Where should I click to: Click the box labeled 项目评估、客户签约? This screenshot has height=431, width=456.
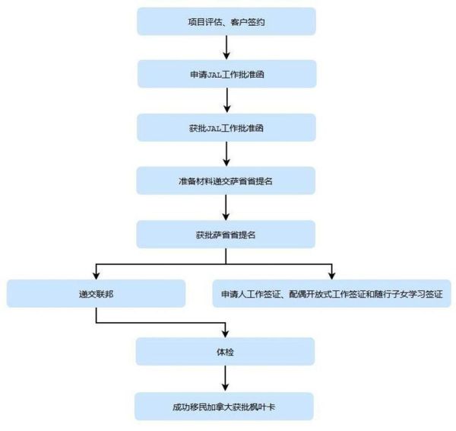(x=226, y=21)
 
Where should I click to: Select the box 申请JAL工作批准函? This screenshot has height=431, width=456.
(x=226, y=75)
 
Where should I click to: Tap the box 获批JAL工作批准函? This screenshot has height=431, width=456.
(x=226, y=128)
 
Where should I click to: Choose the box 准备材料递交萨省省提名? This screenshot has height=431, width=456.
(x=226, y=181)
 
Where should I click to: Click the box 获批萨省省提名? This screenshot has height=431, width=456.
(x=226, y=235)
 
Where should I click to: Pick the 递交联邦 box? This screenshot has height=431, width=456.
(x=96, y=293)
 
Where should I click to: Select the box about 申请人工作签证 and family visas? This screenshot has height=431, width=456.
(x=331, y=293)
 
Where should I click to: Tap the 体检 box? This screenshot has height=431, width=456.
(x=226, y=351)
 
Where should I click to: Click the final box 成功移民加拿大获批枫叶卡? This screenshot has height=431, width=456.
(x=226, y=406)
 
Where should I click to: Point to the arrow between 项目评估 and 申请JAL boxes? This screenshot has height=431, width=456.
(x=226, y=48)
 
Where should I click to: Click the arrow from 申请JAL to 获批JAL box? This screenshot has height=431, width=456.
(x=226, y=101)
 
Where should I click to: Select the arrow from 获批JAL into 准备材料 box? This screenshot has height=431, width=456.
(x=226, y=155)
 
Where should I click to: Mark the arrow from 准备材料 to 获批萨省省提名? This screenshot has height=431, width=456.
(x=226, y=208)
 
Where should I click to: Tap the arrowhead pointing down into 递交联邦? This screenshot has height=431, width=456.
(x=96, y=275)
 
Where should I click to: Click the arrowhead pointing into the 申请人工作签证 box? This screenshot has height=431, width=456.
(x=332, y=275)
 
